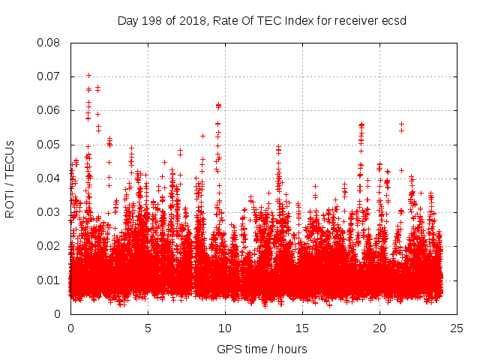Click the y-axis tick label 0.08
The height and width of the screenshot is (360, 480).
click(49, 43)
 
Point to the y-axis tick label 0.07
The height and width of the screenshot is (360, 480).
click(49, 76)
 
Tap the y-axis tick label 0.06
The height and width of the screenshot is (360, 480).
click(49, 110)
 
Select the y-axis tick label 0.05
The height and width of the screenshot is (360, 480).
click(49, 144)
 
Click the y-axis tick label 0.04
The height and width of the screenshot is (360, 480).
click(49, 178)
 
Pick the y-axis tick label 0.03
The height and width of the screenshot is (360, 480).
click(49, 212)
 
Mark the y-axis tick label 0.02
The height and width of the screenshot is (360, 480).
click(49, 246)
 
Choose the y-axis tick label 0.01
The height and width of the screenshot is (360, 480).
click(49, 280)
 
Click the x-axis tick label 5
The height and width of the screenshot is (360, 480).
click(148, 328)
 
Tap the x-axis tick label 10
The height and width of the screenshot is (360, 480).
click(225, 328)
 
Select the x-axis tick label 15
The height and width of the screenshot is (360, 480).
click(302, 328)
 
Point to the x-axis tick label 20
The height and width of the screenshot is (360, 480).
click(379, 328)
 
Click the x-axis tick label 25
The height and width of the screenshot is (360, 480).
click(457, 328)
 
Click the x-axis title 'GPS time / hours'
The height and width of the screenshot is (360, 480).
click(263, 349)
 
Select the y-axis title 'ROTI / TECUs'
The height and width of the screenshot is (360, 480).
click(10, 178)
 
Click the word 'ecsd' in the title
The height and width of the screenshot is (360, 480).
click(394, 20)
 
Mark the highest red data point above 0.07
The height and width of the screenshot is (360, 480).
click(88, 75)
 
